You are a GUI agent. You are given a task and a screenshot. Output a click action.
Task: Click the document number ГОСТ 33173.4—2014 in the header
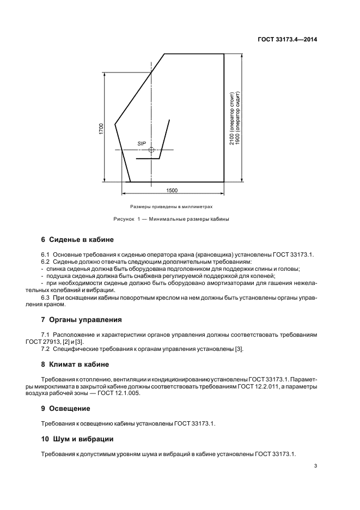pyautogui.click(x=286, y=39)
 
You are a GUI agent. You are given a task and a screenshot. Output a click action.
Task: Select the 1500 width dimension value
pyautogui.click(x=172, y=190)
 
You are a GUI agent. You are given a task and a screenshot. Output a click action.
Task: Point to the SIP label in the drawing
pyautogui.click(x=142, y=143)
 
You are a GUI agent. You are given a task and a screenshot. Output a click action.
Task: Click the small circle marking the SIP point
pyautogui.click(x=152, y=150)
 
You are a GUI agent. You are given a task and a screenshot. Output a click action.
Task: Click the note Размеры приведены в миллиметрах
pyautogui.click(x=170, y=207)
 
